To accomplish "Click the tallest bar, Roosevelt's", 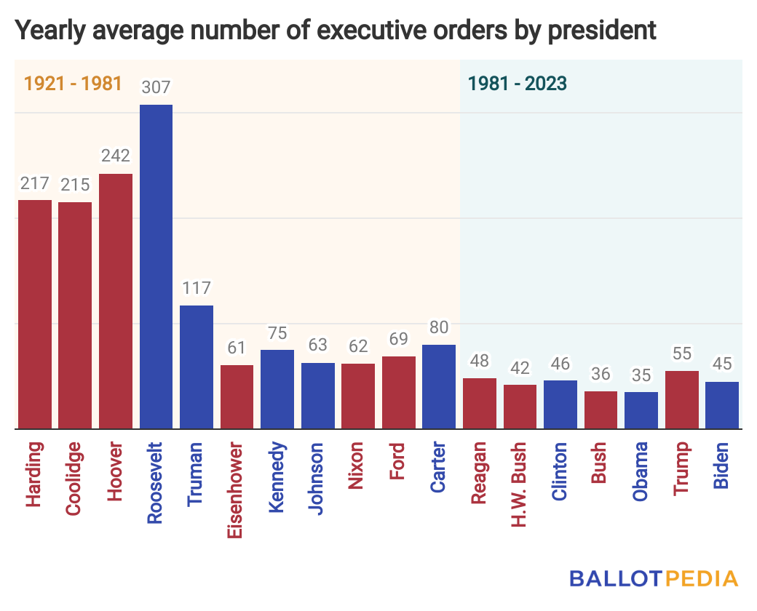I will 156,267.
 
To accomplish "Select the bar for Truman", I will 197,367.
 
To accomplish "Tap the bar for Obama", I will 641,411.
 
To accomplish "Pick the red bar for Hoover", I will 116,301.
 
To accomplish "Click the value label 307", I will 156,88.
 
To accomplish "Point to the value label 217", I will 35,183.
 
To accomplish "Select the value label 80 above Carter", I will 439,329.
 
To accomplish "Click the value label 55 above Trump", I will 681,355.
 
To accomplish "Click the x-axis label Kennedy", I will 277,477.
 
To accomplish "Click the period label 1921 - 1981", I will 73,83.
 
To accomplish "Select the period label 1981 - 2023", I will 518,83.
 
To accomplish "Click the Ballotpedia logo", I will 654,579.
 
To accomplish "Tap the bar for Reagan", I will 479,404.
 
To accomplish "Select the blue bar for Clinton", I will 560,404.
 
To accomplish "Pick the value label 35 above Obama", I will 641,376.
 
